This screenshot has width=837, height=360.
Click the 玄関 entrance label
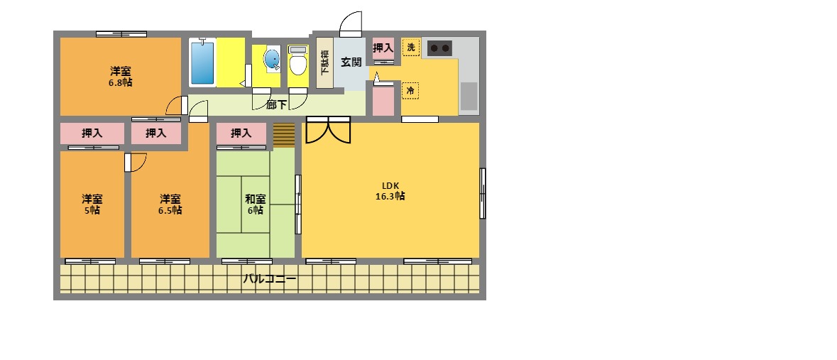351,62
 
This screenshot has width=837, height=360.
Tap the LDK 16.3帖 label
390,192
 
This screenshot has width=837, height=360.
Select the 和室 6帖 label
255,204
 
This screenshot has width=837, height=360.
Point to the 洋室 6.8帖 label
120,77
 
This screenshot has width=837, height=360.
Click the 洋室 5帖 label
92,204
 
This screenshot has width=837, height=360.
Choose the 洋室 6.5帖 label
170,204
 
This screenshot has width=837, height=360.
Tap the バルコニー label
270,279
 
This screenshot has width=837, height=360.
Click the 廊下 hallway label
276,105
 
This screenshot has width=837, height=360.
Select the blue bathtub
202,62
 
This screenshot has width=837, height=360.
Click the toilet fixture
298,62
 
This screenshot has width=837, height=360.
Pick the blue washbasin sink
273,60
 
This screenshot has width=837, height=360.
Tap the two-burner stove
440,48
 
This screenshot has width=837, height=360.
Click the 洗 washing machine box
411,48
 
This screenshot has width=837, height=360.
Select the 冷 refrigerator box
410,90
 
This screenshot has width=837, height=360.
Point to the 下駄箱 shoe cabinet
324,62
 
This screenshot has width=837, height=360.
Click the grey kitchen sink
469,97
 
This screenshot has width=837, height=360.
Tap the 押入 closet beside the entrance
383,48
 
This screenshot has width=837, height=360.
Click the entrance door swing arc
351,24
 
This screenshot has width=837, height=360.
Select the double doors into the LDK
328,130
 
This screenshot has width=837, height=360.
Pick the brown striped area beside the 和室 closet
284,134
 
